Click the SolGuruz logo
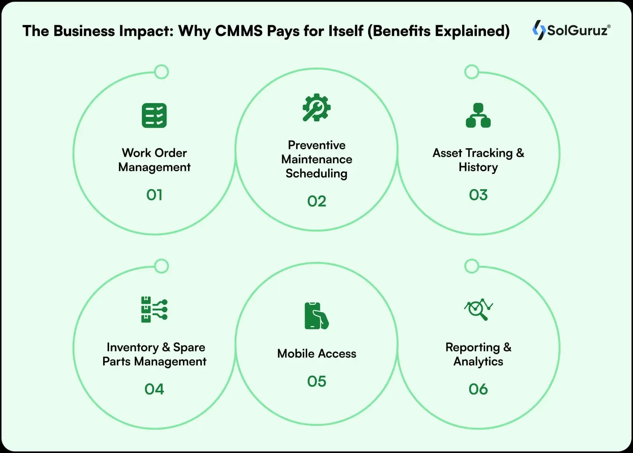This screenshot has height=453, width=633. coord(571,30)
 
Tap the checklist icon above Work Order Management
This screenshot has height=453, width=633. coord(154,115)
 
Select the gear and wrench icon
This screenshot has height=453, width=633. coord(316,108)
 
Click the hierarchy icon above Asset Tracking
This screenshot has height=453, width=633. coord(478,115)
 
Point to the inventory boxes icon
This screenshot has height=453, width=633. coord(154,309)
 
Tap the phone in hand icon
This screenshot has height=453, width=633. coord(316,316)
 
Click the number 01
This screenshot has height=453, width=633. coord(154,195)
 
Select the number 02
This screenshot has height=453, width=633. coord(316,201)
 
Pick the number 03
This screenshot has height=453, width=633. coord(478,195)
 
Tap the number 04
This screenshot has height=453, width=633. coord(154,389)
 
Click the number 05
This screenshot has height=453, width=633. coord(316,382)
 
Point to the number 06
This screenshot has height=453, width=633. coord(478,389)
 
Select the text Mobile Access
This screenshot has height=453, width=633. coord(316,353)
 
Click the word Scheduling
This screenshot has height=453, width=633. coord(316,173)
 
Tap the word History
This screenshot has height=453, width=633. coord(478,167)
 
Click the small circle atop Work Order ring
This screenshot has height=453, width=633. coord(162,72)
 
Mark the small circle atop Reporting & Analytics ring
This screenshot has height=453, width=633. coord(472,266)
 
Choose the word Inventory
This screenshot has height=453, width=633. coord(133,347)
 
